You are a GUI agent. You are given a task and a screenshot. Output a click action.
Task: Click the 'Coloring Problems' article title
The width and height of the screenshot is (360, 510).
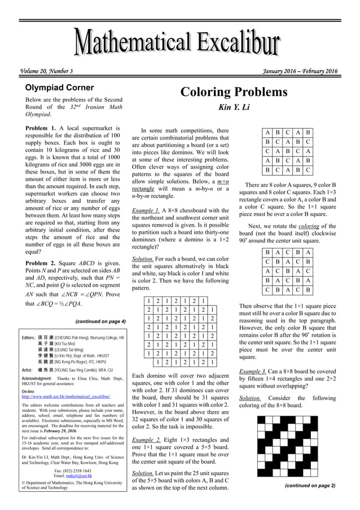pyautogui.click(x=234, y=92)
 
